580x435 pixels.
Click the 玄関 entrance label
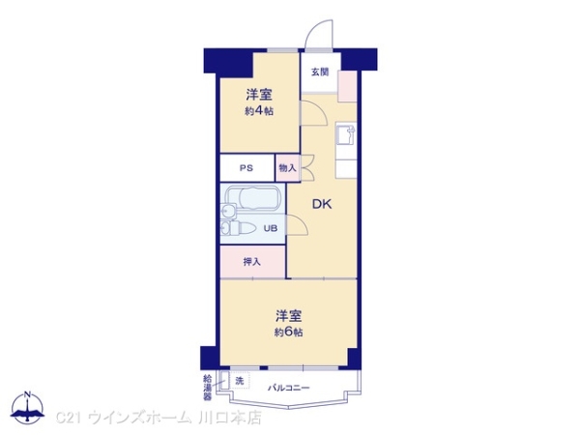point(319,72)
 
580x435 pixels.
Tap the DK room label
point(323,203)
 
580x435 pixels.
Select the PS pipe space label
point(246,167)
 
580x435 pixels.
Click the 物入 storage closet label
point(287,167)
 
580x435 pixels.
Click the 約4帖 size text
point(258,111)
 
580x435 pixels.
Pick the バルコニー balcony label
point(288,388)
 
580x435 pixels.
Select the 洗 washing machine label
point(239,381)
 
